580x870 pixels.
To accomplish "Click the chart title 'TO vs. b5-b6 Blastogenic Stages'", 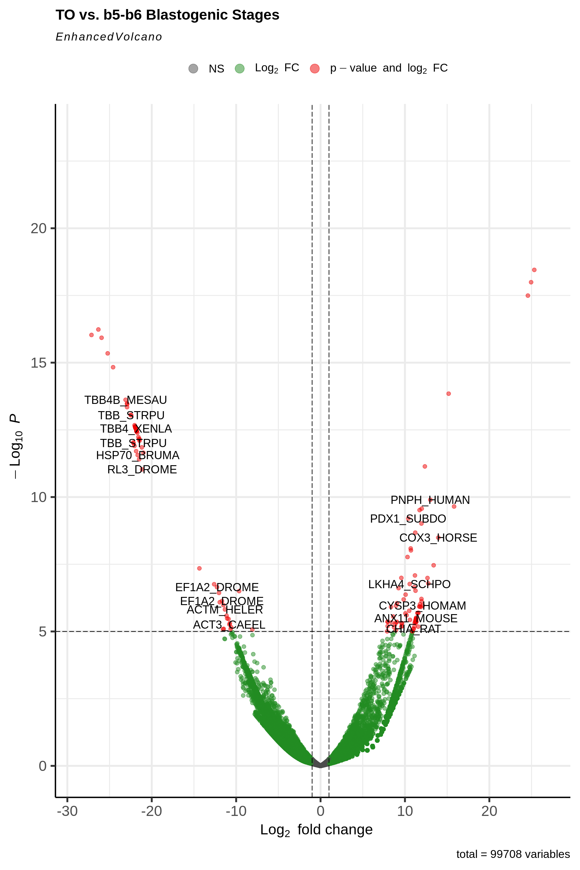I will point(167,15).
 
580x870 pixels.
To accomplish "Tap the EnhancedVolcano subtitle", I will point(109,37).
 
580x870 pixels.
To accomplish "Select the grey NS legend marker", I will point(193,69).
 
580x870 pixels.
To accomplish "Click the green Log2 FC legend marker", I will point(240,69).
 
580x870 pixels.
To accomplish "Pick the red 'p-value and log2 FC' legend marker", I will point(315,69).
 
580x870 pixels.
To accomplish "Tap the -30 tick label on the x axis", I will point(67,811).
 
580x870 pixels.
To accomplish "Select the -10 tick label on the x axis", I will point(236,811).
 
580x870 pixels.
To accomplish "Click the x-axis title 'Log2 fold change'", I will point(316,830).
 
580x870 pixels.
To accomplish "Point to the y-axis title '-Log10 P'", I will point(15,446).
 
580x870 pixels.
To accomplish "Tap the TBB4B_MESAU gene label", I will point(126,400).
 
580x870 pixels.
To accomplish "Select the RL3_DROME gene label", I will point(142,469).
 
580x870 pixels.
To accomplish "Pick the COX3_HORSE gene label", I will point(438,537).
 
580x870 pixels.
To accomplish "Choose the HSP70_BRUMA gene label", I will point(138,455).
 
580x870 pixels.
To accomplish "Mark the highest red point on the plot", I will point(534,270).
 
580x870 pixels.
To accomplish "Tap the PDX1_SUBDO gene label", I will point(408,519).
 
